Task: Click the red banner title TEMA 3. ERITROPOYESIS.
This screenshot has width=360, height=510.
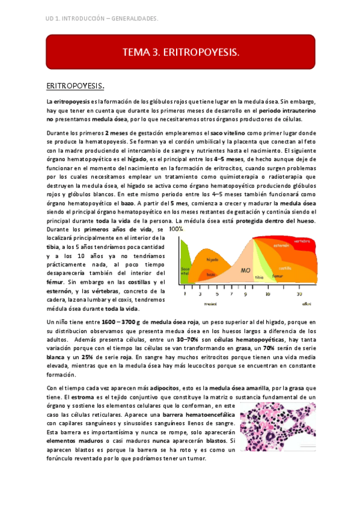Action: [x=180, y=52]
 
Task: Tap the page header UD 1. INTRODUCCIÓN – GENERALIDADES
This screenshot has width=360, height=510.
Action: [x=102, y=19]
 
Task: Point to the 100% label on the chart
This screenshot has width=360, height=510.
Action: [x=176, y=229]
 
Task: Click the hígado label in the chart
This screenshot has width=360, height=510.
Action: [x=212, y=259]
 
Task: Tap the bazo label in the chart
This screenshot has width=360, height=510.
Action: [x=210, y=274]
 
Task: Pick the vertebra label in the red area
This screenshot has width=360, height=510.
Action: [x=302, y=241]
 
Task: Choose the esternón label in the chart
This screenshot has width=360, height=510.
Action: [x=281, y=246]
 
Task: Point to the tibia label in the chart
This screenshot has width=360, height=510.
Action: [x=259, y=277]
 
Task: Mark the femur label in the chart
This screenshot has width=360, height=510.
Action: [x=278, y=275]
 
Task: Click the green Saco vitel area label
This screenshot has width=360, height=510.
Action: [x=186, y=271]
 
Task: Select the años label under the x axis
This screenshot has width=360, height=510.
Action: [x=307, y=304]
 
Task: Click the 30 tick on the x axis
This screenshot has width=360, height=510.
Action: [x=299, y=295]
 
